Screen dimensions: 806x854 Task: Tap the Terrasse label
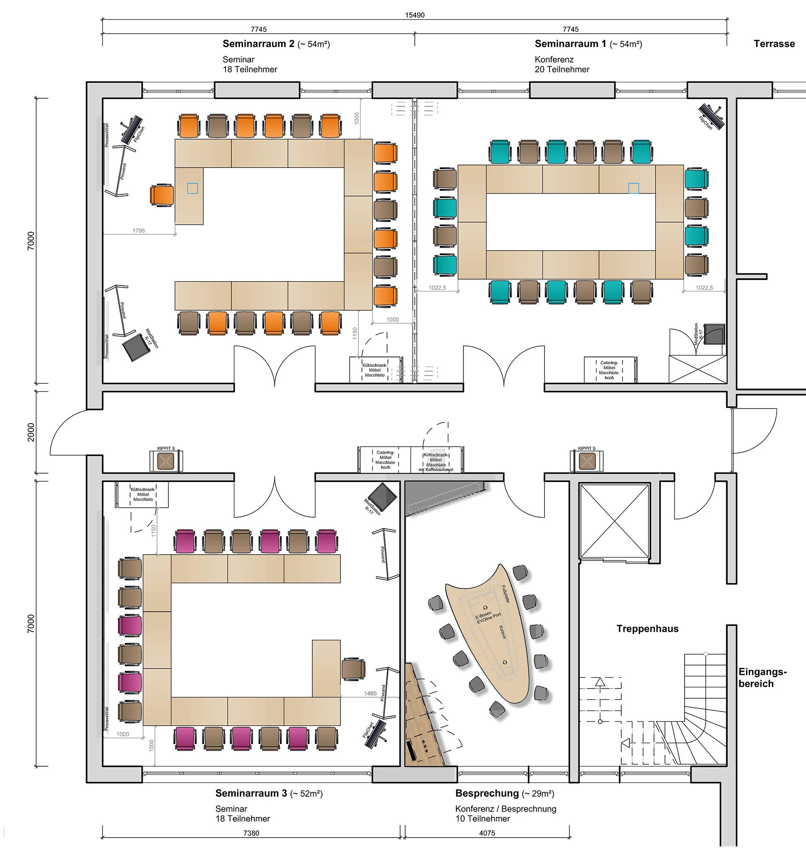coord(774,44)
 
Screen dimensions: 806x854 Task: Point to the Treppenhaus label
coord(647,629)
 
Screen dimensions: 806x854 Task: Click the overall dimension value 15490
coord(415,16)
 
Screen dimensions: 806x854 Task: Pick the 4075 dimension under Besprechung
coord(487,833)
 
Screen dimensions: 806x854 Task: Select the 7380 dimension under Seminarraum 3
coord(251,833)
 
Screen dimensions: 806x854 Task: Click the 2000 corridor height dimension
coord(31,432)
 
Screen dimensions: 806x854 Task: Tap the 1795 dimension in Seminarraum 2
coord(139,231)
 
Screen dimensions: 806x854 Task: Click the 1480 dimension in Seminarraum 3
coord(370,693)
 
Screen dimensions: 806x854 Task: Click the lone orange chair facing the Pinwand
coord(162,196)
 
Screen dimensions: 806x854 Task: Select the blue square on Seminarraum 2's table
coord(193,188)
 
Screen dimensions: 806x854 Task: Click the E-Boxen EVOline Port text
coord(488,618)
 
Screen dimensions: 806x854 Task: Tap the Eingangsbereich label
coord(762,677)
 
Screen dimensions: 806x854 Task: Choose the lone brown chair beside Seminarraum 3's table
coord(353,669)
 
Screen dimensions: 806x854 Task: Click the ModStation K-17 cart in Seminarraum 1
coord(714,334)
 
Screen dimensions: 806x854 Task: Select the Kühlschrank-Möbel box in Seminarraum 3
coord(143,494)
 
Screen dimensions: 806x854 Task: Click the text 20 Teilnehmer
coord(562,70)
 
